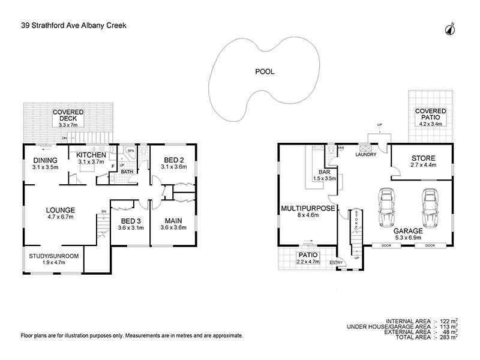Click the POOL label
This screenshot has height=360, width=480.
point(265,71)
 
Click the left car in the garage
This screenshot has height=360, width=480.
point(388,207)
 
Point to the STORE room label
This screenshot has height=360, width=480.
point(422,157)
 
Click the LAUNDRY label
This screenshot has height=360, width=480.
point(365,154)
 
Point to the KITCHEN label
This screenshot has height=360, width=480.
point(91,155)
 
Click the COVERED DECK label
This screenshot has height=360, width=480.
point(67,115)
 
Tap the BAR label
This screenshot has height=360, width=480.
point(317,172)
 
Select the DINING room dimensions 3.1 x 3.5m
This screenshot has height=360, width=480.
point(46,167)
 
